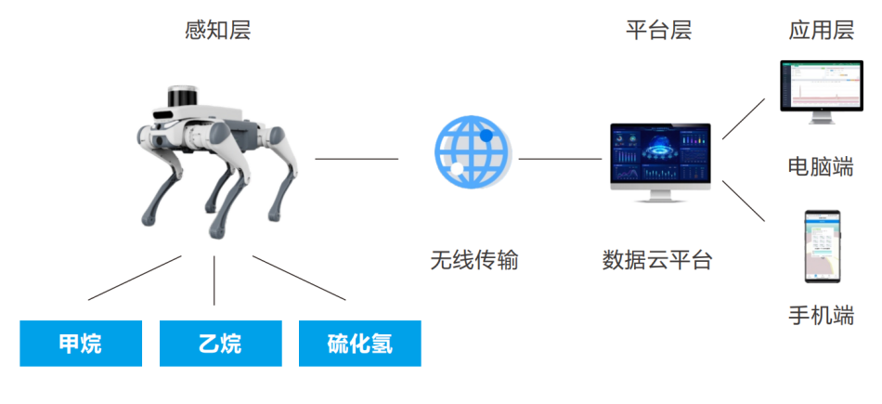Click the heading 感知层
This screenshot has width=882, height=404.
[x=217, y=30]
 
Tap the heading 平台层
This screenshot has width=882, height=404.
[x=658, y=30]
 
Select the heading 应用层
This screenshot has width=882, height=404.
[x=822, y=30]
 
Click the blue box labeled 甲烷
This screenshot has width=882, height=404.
[x=81, y=344]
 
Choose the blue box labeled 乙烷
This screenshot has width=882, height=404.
[x=221, y=344]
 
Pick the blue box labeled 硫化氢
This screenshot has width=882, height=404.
[x=360, y=344]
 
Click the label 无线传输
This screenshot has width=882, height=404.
[x=474, y=260]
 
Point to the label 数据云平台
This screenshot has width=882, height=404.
[x=657, y=260]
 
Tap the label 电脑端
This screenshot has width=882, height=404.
[x=822, y=167]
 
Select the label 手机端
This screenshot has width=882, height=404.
[x=822, y=315]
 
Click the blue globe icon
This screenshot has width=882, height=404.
[x=473, y=152]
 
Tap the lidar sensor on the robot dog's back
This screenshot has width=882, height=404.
[x=183, y=96]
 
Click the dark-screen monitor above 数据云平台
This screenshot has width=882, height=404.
[x=660, y=162]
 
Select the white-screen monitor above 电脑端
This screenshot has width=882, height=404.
[x=822, y=92]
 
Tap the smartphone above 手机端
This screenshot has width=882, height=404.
[x=823, y=246]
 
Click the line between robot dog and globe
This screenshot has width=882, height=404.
[x=357, y=159]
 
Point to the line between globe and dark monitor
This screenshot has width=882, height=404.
[x=560, y=159]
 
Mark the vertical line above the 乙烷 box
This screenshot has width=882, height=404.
[x=214, y=280]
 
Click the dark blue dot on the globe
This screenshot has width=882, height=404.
[x=486, y=136]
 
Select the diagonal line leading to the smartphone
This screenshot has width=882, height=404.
[x=744, y=201]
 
